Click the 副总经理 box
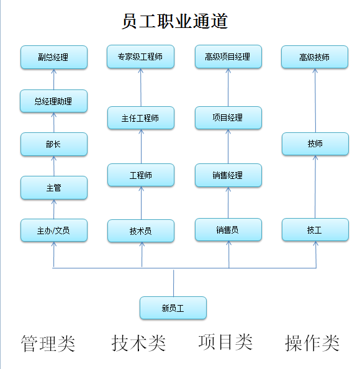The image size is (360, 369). pos(54,57)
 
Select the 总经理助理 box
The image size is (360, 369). pos(53,101)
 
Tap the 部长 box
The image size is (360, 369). pos(54,144)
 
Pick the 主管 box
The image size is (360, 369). pos(54,188)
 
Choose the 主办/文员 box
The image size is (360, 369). pos(54,230)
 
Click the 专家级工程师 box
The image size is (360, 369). pos(140,57)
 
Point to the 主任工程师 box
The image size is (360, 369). pos(141,117)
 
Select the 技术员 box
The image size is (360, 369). pos(141,231)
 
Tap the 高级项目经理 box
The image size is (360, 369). pos(228,57)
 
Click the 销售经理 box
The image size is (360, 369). pos(228,175)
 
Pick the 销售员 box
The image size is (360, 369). pos(228,230)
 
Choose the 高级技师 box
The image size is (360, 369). pos(315,57)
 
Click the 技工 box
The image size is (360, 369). pos(315,230)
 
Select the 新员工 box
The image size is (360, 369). pos(173,308)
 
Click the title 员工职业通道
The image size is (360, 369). pos(174,21)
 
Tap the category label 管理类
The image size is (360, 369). pos(48,344)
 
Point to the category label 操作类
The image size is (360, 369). pos(312,343)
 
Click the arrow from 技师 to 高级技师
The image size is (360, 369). pos(315,101)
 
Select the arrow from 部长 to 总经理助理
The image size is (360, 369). pos(54,122)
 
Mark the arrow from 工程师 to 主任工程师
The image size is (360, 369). pos(141,147)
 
